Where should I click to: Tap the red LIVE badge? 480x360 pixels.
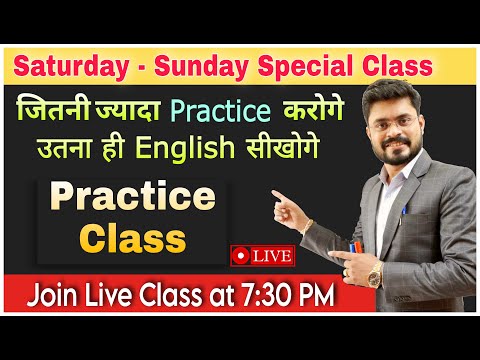pos(261,255)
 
